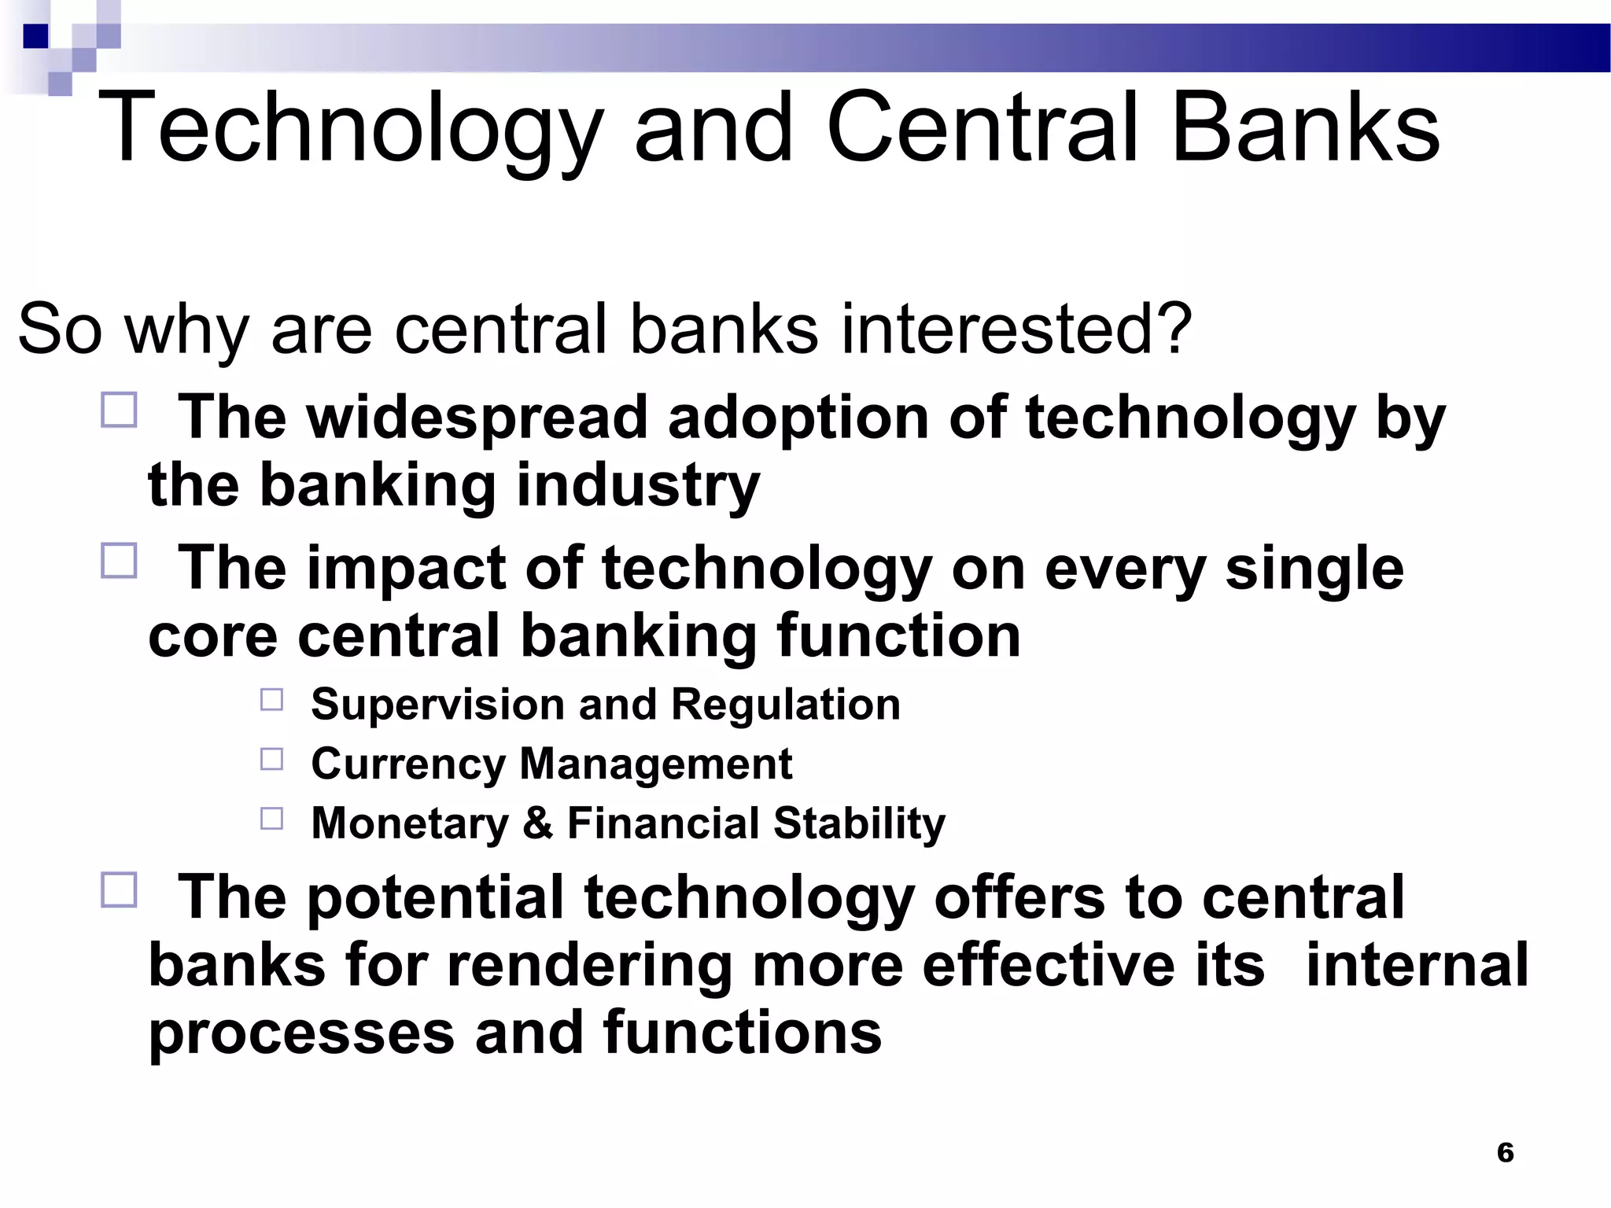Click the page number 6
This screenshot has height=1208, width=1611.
point(1505,1152)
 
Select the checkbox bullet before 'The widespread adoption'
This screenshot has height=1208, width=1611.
point(119,410)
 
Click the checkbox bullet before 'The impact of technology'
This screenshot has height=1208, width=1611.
point(119,561)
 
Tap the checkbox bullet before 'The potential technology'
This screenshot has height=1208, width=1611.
point(119,889)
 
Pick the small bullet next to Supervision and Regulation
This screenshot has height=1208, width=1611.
point(271,699)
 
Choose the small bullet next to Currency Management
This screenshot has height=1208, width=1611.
point(271,759)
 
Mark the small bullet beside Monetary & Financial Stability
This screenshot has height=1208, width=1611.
point(271,819)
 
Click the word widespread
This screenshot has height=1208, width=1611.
point(477,418)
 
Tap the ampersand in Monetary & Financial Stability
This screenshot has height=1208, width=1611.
point(538,823)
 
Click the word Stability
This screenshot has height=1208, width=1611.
point(859,823)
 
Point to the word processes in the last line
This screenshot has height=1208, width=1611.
point(301,1033)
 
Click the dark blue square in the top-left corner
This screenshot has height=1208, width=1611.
point(35,36)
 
